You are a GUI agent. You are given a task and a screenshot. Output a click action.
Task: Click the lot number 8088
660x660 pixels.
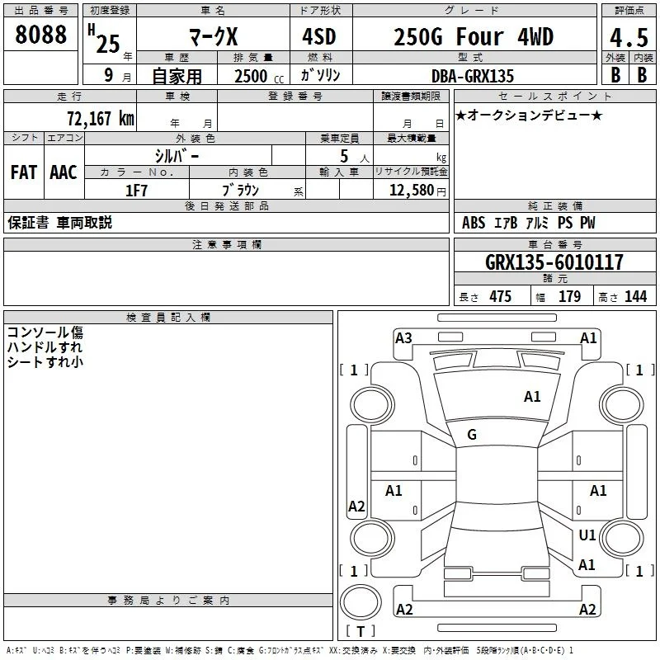pyautogui.click(x=40, y=35)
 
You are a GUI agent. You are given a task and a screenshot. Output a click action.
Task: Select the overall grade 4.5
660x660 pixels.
pyautogui.click(x=629, y=38)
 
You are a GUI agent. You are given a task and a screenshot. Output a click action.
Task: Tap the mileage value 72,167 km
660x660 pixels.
pyautogui.click(x=101, y=119)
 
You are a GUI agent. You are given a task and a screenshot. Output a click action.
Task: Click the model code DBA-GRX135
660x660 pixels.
pyautogui.click(x=473, y=76)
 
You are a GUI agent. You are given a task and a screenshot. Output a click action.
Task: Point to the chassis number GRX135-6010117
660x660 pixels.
pyautogui.click(x=554, y=262)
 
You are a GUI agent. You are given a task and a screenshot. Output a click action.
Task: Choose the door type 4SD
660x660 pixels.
pyautogui.click(x=319, y=37)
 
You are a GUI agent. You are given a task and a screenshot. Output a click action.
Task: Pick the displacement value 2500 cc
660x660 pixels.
pyautogui.click(x=259, y=76)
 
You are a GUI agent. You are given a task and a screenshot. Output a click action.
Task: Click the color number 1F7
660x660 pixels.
pyautogui.click(x=136, y=191)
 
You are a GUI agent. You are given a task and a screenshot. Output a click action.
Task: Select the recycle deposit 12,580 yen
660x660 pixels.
pyautogui.click(x=417, y=191)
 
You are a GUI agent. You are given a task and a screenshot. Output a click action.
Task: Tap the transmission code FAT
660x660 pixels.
pyautogui.click(x=24, y=172)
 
